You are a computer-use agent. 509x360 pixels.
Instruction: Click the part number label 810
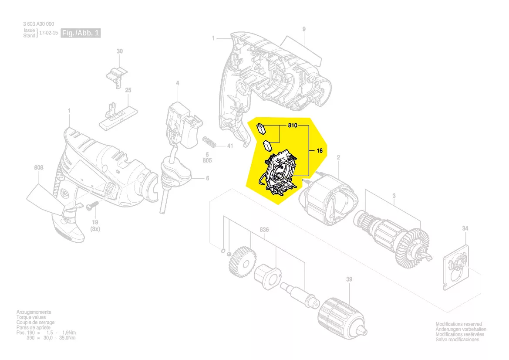(293, 125)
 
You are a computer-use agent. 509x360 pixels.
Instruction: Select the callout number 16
(320, 150)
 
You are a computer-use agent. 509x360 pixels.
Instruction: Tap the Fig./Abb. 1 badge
(81, 33)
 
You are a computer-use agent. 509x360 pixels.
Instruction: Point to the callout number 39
(349, 279)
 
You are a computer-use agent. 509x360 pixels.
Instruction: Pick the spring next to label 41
(209, 143)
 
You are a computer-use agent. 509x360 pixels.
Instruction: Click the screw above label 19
(92, 206)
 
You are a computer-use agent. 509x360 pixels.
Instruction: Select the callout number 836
(264, 230)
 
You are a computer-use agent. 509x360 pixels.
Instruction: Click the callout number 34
(465, 228)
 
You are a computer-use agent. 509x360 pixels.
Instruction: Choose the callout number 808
(39, 168)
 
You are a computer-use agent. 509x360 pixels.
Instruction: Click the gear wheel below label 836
(242, 262)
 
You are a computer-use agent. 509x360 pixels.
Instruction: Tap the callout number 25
(128, 90)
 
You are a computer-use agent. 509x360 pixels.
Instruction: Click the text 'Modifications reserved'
(458, 324)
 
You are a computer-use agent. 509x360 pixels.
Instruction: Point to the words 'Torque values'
(31, 317)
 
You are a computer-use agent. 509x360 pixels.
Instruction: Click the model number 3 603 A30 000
(39, 24)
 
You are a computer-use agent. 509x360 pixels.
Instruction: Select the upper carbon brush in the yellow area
(261, 128)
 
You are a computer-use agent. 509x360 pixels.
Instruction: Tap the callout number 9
(304, 29)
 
